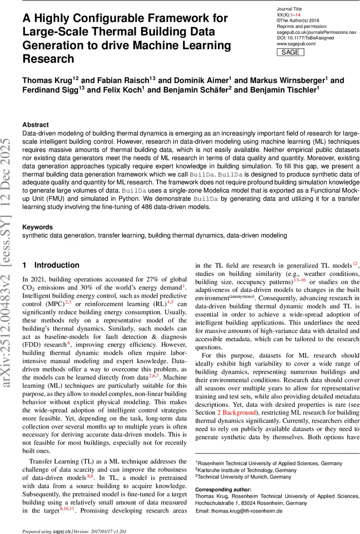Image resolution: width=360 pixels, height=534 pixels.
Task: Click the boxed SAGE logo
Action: pyautogui.click(x=291, y=53)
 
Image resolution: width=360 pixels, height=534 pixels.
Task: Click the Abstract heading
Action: pyautogui.click(x=36, y=125)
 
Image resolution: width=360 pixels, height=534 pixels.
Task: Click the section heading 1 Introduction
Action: pyautogui.click(x=51, y=265)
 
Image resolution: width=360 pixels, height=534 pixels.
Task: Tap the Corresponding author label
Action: pyautogui.click(x=221, y=490)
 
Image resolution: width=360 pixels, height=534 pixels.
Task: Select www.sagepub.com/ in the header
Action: pyautogui.click(x=296, y=44)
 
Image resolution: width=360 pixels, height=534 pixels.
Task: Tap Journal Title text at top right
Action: pyautogui.click(x=289, y=9)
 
